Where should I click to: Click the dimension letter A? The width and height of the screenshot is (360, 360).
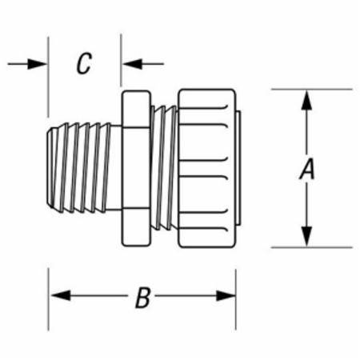(307, 169)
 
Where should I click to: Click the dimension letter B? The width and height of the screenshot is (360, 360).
(142, 298)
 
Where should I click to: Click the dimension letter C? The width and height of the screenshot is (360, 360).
(84, 63)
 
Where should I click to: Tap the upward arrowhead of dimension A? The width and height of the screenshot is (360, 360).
(306, 100)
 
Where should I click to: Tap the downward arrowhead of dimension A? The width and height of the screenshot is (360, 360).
(306, 236)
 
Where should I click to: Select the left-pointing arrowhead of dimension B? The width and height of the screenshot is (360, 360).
(61, 295)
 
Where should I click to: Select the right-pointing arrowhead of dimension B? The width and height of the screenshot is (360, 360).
(226, 295)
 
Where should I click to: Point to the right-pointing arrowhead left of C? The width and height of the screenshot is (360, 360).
(37, 64)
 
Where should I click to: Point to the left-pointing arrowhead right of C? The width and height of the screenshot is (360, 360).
(132, 64)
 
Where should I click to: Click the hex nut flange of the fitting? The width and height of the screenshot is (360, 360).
(136, 168)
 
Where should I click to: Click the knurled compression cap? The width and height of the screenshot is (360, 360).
(207, 169)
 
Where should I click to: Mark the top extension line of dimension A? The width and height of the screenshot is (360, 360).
(312, 89)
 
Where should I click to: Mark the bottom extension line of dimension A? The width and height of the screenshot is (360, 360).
(312, 247)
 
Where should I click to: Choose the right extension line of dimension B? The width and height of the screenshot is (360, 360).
(236, 299)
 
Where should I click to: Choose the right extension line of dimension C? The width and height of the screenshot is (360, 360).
(121, 60)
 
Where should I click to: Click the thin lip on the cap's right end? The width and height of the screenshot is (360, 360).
(238, 168)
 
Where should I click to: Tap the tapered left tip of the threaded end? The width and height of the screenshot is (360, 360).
(50, 168)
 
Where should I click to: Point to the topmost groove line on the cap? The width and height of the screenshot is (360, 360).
(203, 108)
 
